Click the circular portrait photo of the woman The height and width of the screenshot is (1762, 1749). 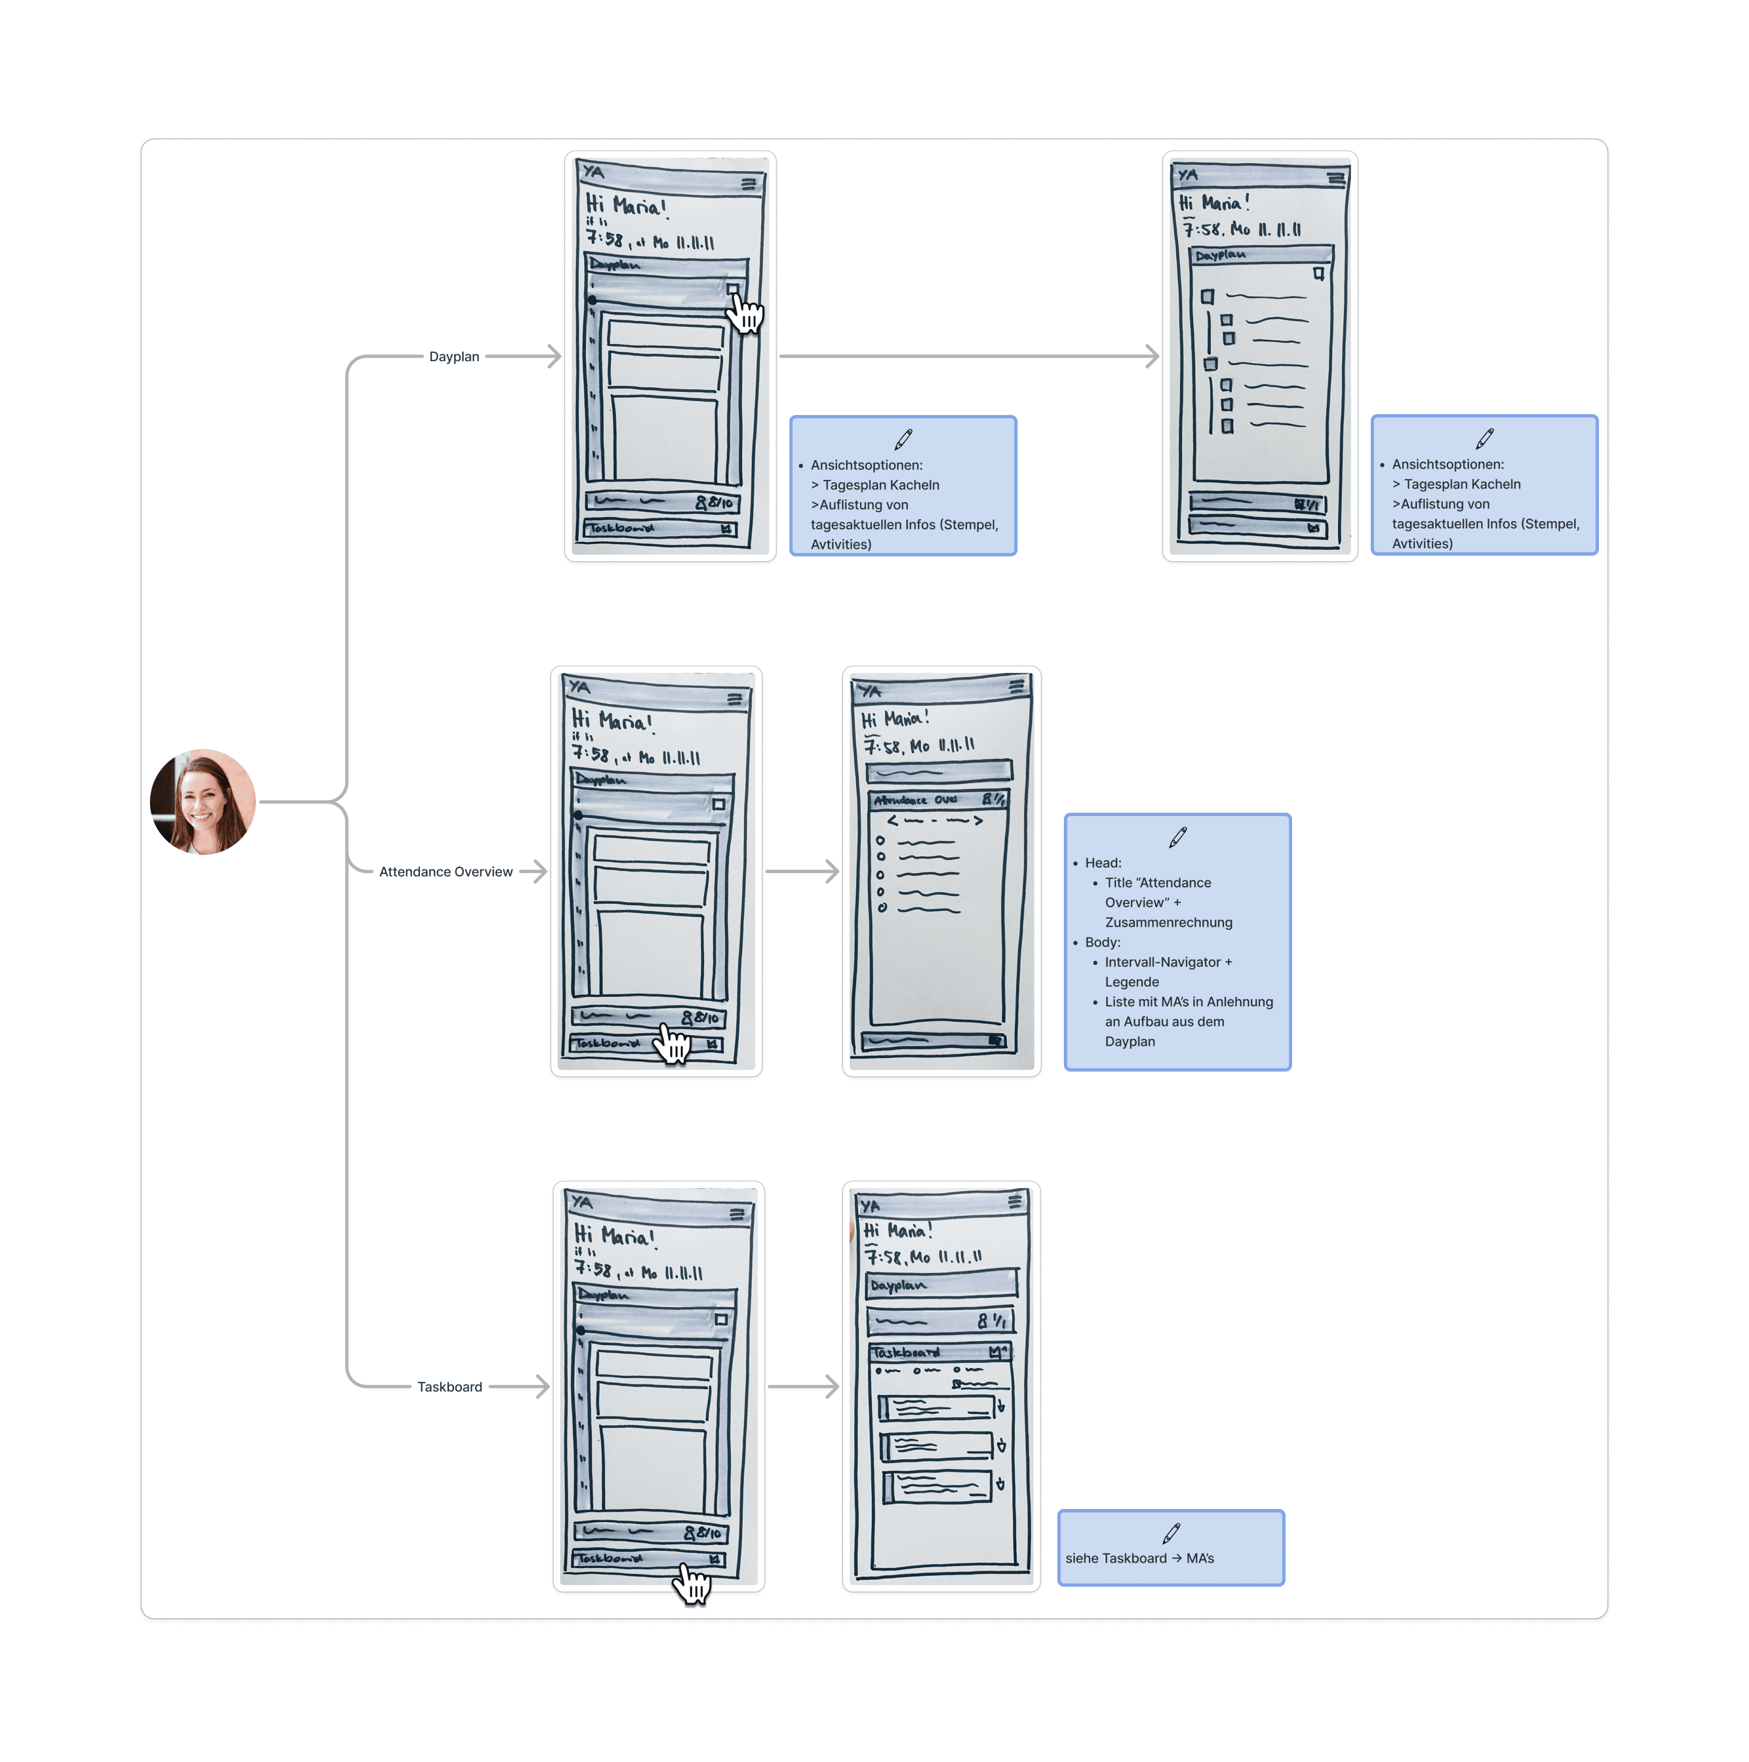click(202, 802)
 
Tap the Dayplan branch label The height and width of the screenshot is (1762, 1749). click(454, 357)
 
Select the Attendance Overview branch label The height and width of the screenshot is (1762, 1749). click(446, 872)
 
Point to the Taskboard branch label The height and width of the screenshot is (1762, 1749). click(450, 1387)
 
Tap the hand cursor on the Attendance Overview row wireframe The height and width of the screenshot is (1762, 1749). click(673, 1043)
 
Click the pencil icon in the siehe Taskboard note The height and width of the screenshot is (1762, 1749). click(1171, 1533)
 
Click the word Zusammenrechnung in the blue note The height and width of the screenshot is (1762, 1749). click(1168, 923)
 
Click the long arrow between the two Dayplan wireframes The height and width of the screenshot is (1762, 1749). click(968, 357)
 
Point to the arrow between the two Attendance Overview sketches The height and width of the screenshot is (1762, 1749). click(801, 872)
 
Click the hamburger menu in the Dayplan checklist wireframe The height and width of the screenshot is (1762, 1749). click(1336, 179)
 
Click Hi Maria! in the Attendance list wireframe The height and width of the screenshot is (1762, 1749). click(895, 719)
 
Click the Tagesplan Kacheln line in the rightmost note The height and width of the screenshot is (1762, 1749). click(1462, 484)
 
